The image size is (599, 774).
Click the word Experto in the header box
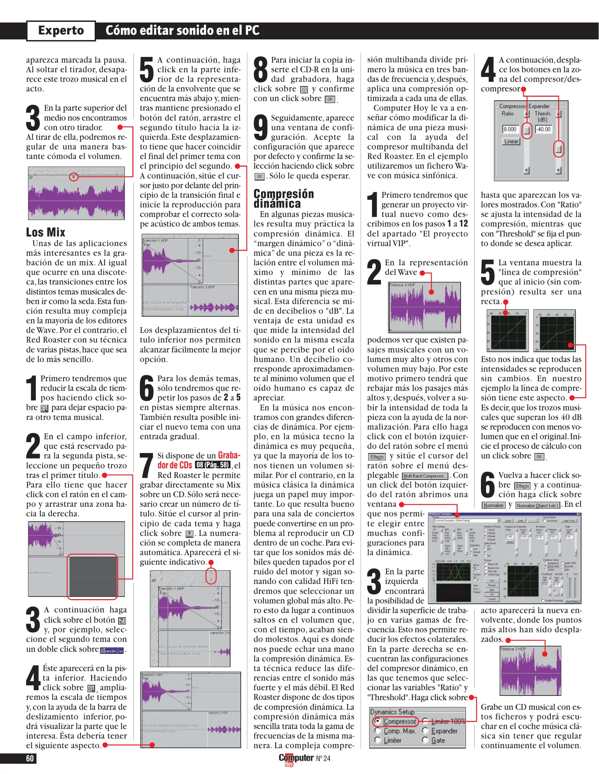[x=61, y=30]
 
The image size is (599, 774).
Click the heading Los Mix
[x=46, y=232]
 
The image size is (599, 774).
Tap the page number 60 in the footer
[x=30, y=758]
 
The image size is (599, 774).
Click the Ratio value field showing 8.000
[x=510, y=129]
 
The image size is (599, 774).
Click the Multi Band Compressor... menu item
[x=425, y=476]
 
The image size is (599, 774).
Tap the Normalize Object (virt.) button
[x=538, y=505]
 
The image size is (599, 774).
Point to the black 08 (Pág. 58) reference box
[x=212, y=465]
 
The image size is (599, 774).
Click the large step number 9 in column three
[x=261, y=128]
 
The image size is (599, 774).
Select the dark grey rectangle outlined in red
[x=92, y=577]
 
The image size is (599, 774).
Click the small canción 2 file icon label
[x=112, y=651]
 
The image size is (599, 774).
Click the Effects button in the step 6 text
[x=522, y=486]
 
